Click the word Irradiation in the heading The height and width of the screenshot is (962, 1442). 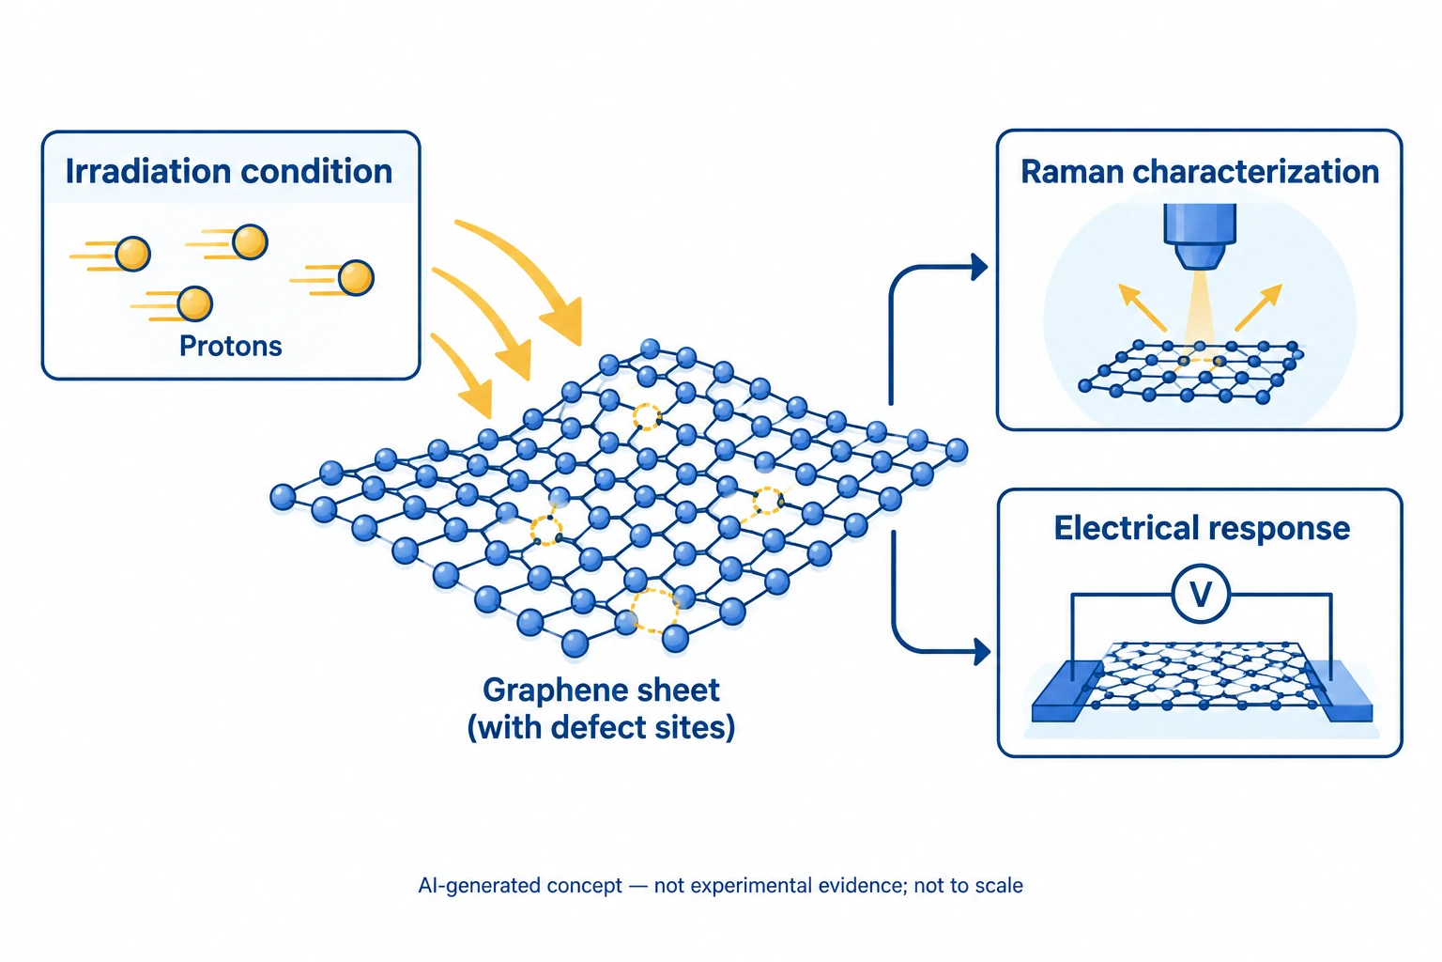(148, 171)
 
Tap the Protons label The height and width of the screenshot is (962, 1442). (230, 346)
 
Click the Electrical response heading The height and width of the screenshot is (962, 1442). (1202, 528)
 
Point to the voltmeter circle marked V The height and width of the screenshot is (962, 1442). (1201, 594)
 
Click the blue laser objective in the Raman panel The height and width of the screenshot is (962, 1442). (1200, 236)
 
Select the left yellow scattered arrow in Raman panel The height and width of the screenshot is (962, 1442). (1142, 307)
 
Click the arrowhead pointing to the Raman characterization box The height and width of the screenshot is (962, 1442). (979, 267)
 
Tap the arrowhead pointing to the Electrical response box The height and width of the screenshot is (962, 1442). (982, 651)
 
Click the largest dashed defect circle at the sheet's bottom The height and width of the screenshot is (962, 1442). (654, 611)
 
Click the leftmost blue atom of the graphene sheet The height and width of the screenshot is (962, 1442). (283, 497)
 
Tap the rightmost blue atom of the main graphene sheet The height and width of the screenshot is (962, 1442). (957, 450)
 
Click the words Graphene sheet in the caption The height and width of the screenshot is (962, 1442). (601, 690)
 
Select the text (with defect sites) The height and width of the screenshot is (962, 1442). (601, 727)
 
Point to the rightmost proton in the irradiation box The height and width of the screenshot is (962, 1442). (356, 278)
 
